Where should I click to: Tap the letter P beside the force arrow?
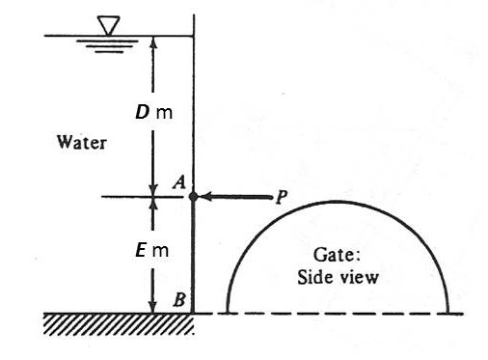pyautogui.click(x=281, y=198)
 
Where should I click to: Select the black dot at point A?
pyautogui.click(x=194, y=197)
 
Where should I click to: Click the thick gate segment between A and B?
pyautogui.click(x=194, y=256)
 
